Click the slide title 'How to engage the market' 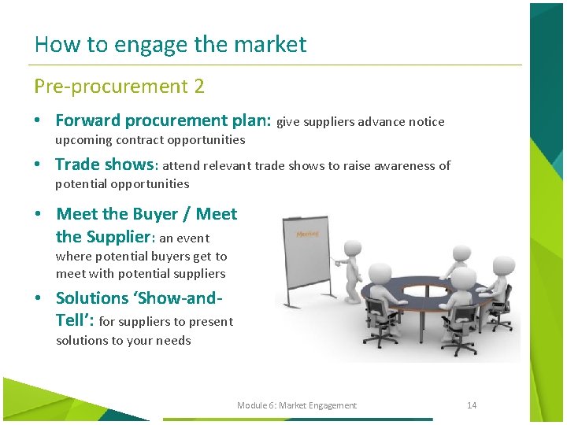click(170, 44)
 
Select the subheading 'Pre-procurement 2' click(119, 87)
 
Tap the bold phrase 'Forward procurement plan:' click(163, 120)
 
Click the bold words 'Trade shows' click(106, 164)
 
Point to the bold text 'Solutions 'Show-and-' click(139, 298)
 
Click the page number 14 click(472, 405)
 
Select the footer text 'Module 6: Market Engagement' click(297, 405)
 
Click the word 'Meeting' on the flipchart click(306, 234)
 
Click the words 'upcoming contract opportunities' click(150, 140)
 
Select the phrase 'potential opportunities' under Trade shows click(122, 184)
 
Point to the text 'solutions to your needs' click(124, 341)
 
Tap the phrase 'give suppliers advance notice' click(361, 122)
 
